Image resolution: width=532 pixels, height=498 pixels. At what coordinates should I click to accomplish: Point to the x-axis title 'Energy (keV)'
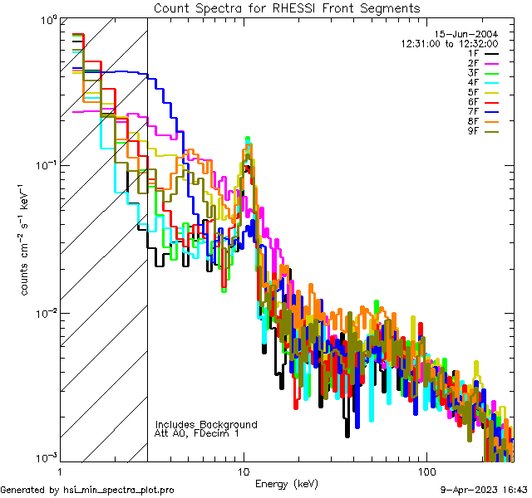point(287,483)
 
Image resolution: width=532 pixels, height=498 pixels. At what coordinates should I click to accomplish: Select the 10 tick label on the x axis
point(243,471)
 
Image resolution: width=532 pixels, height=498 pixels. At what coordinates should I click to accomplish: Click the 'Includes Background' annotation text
point(206,425)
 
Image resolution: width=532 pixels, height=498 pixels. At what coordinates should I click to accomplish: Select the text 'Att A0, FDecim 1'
point(196,433)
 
